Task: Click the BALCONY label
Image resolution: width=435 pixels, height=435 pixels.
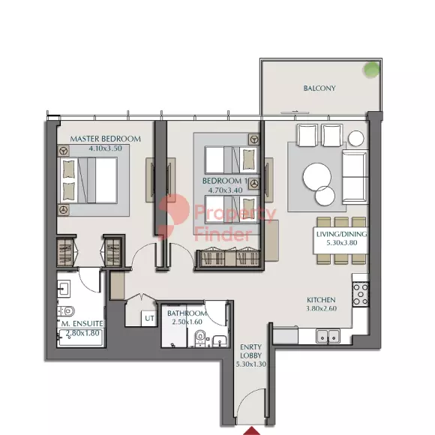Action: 319,88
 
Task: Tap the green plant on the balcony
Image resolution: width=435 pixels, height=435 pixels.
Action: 371,69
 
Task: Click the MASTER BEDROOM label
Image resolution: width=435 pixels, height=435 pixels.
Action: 105,139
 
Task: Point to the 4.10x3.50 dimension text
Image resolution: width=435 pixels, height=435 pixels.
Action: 105,148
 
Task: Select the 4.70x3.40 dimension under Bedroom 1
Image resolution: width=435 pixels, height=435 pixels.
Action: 225,190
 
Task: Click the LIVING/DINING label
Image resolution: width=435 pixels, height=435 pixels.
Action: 341,234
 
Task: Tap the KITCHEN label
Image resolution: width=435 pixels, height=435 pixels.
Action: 321,300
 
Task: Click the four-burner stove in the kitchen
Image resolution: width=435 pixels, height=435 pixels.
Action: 361,294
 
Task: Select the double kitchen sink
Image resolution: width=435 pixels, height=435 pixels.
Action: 328,336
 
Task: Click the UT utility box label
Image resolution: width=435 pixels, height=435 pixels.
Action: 149,318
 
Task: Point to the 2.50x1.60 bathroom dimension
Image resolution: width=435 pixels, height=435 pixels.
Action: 187,322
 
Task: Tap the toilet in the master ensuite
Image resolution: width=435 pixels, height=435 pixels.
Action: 66,311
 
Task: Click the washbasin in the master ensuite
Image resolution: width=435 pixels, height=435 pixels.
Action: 64,289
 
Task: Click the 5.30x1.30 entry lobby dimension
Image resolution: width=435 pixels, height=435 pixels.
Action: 251,364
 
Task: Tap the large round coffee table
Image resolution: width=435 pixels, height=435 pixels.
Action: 317,176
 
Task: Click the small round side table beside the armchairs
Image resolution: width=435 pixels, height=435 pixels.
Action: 356,138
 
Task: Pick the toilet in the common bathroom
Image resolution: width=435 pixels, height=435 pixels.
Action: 199,338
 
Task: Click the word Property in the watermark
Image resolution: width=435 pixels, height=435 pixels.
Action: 235,213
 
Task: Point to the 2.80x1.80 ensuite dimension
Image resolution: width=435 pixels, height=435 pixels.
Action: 82,333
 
